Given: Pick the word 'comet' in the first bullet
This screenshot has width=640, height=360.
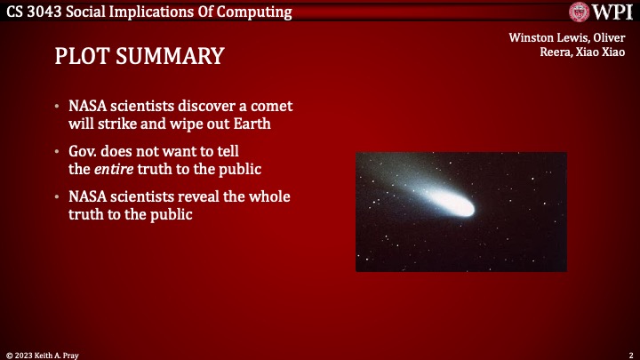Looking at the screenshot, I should (x=272, y=106).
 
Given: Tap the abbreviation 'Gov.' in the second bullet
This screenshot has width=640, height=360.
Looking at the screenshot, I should (x=86, y=151).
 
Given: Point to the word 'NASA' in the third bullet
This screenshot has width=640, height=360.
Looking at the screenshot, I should (x=89, y=196).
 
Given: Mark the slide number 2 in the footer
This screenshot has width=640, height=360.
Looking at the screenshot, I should (x=629, y=354).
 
